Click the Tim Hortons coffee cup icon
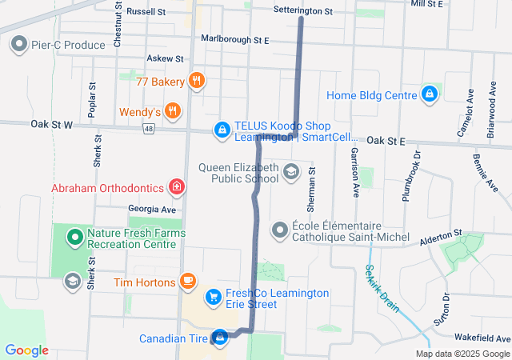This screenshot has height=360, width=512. [187, 282]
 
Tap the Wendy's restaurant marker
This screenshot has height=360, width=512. [172, 111]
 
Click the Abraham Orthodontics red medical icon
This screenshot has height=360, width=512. [176, 188]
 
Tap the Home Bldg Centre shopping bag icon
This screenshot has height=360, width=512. [430, 95]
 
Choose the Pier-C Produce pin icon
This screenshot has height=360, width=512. [18, 45]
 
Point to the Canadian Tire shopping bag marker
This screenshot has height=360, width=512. [219, 338]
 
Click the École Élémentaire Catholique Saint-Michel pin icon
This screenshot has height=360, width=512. [279, 230]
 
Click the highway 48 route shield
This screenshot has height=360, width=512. [149, 128]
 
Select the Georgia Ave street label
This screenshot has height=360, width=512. [151, 209]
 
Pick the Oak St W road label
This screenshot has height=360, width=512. [51, 125]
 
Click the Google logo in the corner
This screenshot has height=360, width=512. [26, 350]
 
